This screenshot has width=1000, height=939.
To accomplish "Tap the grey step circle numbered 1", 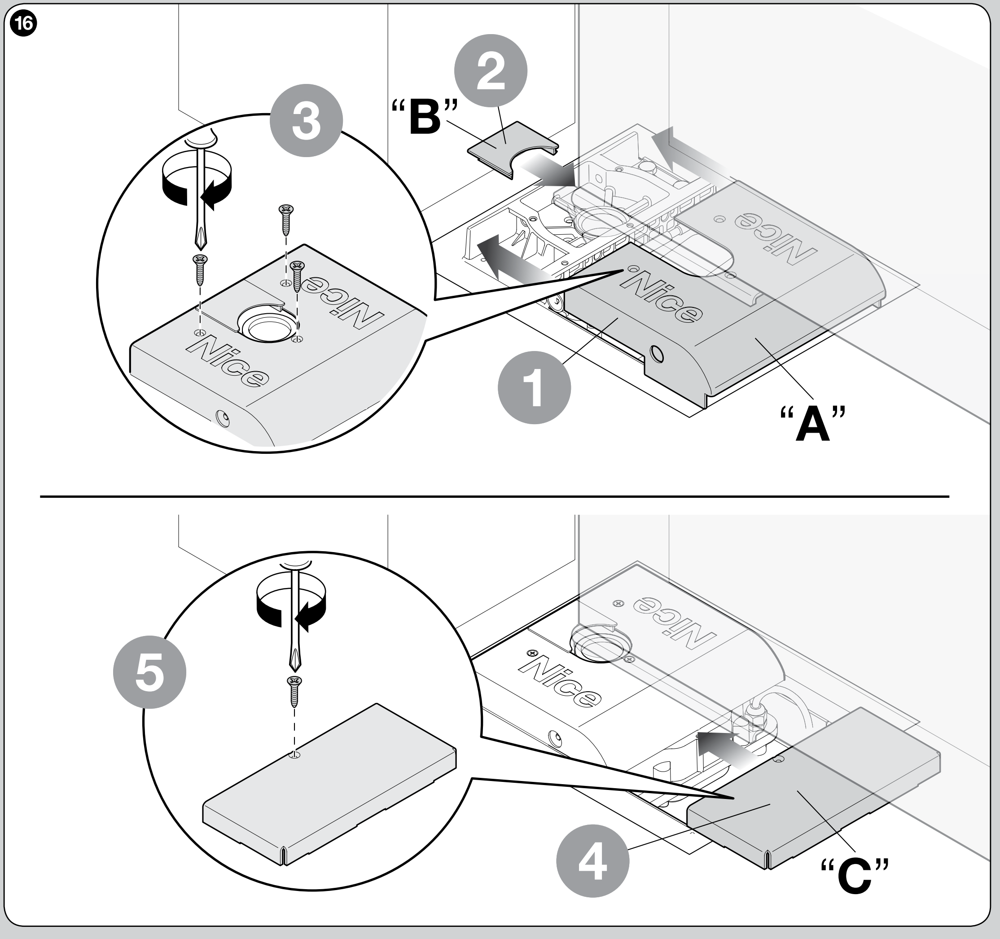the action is (534, 387).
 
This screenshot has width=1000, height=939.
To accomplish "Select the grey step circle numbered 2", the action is (491, 71).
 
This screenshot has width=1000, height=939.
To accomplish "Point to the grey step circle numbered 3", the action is (307, 121).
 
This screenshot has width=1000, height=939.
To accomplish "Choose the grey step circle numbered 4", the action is (592, 861).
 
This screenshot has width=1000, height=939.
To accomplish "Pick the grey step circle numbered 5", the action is (150, 672).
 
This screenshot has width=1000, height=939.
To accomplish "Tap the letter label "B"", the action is (425, 117).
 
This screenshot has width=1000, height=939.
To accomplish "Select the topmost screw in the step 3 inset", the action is (286, 220).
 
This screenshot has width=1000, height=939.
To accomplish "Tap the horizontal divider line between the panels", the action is (495, 496).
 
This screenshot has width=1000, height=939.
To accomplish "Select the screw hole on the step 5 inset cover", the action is (295, 755).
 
